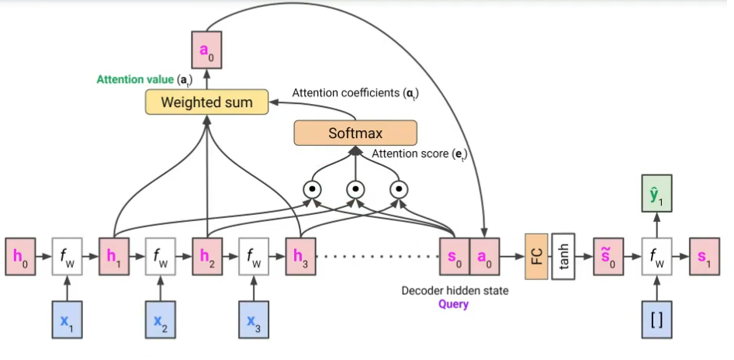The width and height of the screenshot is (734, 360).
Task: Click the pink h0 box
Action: pyautogui.click(x=20, y=254)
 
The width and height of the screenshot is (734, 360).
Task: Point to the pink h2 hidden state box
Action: pyautogui.click(x=207, y=254)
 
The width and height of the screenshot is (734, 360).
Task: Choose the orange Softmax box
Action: pyautogui.click(x=355, y=133)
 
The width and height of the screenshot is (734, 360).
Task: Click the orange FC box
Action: pyautogui.click(x=536, y=254)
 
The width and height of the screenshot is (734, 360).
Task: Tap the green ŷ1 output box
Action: pyautogui.click(x=656, y=193)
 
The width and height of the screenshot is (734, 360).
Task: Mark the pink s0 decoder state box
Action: pyautogui.click(x=455, y=254)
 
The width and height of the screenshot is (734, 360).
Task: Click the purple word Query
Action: pyautogui.click(x=454, y=304)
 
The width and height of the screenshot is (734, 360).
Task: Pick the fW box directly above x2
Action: pyautogui.click(x=161, y=254)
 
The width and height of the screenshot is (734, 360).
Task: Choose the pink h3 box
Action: pyautogui.click(x=300, y=254)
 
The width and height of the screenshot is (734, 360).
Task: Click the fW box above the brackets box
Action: pyautogui.click(x=656, y=254)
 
